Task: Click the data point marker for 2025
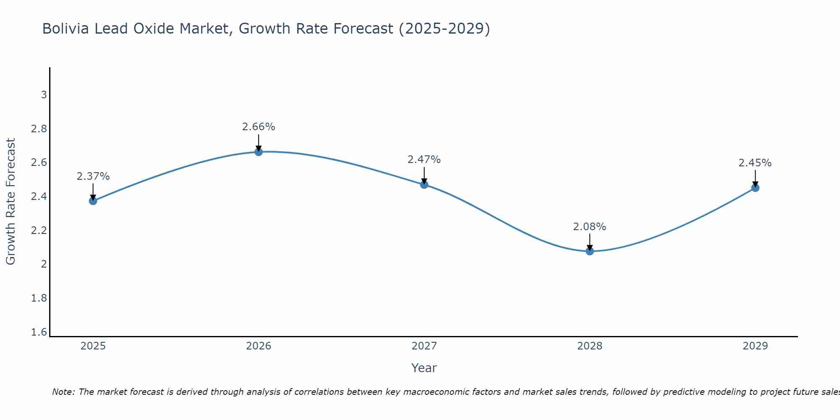tap(93, 201)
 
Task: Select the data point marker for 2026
tap(259, 152)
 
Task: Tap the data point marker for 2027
tap(424, 184)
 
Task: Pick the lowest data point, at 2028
tap(590, 251)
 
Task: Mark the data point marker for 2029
tap(755, 188)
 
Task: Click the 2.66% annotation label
tap(259, 127)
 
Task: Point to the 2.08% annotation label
tap(590, 227)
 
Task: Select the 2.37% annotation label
tap(93, 176)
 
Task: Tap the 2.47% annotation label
tap(424, 160)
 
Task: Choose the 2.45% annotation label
tap(755, 163)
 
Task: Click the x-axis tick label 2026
tap(259, 346)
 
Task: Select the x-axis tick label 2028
tap(590, 346)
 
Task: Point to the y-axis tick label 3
tap(44, 95)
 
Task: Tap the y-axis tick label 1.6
tap(39, 332)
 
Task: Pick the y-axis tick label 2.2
tap(39, 231)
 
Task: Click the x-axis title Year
tap(424, 368)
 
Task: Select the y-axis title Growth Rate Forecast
tap(11, 202)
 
